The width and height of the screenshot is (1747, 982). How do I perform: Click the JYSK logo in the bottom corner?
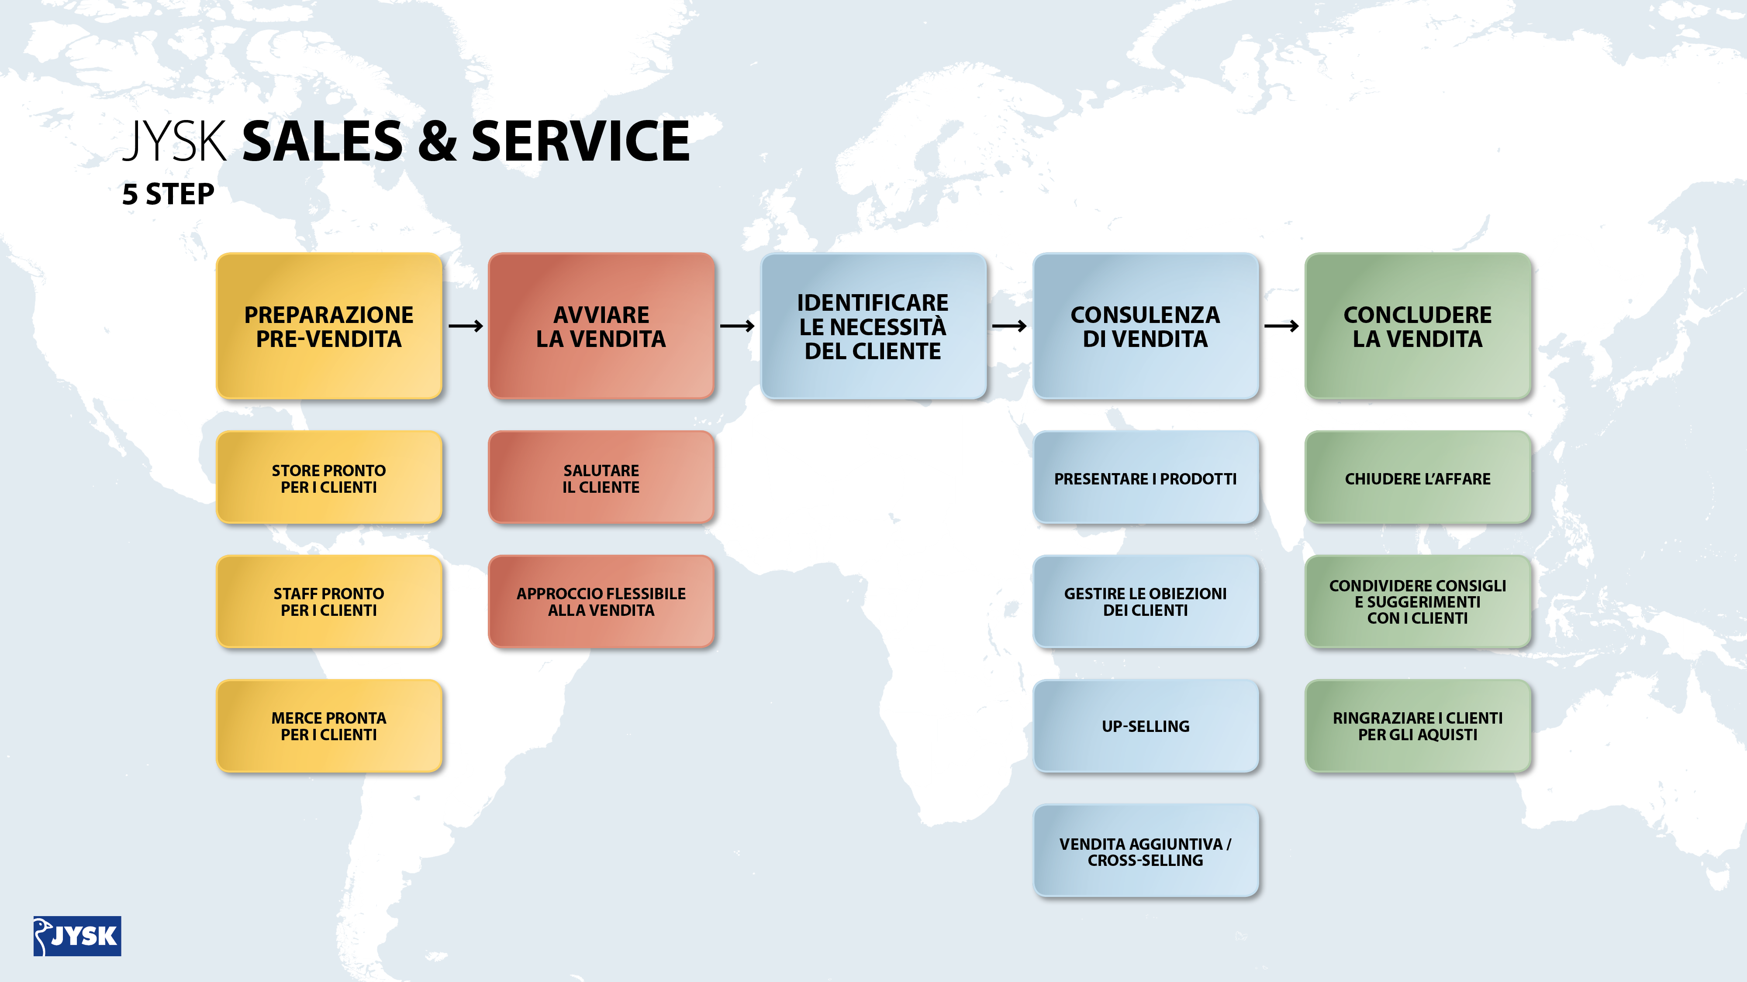click(x=77, y=936)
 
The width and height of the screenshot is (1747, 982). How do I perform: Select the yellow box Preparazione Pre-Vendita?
click(x=329, y=326)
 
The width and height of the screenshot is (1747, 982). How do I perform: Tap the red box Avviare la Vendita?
click(x=601, y=326)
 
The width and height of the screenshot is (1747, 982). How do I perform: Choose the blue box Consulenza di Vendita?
click(x=1146, y=326)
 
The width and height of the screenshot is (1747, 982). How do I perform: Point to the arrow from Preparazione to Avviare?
click(x=466, y=326)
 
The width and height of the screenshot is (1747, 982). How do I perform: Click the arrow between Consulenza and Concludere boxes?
click(x=1282, y=326)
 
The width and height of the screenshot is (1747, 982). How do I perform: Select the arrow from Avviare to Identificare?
click(x=737, y=326)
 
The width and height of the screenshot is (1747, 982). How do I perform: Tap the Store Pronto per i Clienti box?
click(x=329, y=478)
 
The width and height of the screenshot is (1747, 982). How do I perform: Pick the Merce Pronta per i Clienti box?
click(x=329, y=726)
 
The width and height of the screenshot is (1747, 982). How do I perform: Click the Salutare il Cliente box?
click(x=601, y=478)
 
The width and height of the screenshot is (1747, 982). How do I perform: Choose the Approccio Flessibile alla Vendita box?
click(x=601, y=602)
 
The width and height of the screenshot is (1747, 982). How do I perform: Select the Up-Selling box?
click(x=1146, y=726)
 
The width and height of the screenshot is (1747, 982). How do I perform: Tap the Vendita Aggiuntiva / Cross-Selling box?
click(x=1146, y=851)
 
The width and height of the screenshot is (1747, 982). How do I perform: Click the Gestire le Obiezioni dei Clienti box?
click(x=1146, y=602)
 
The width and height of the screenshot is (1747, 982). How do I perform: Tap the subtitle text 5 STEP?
click(x=168, y=195)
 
